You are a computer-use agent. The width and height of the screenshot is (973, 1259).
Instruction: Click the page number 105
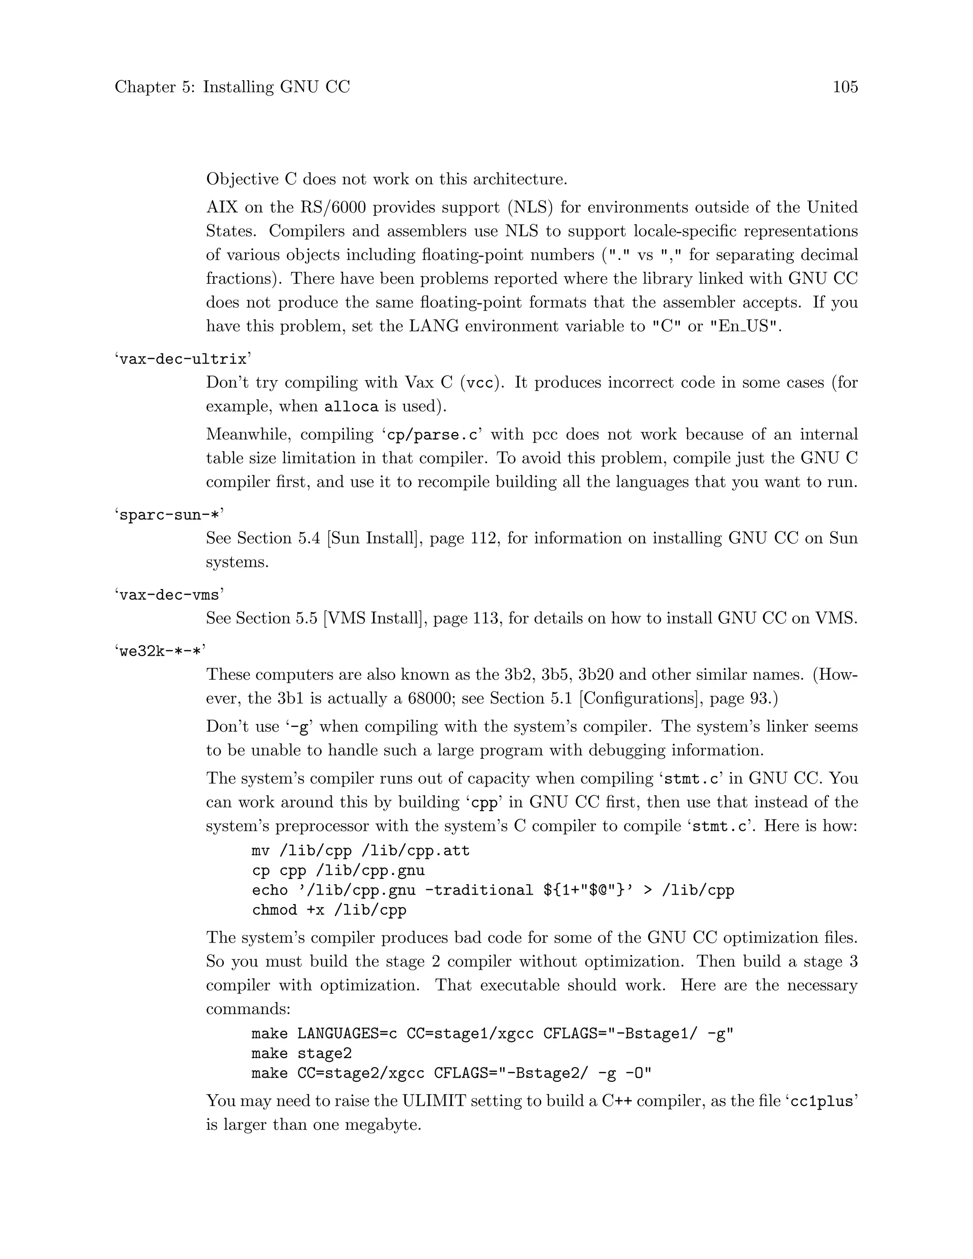(x=845, y=87)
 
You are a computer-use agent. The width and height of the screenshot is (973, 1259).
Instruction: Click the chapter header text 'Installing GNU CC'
(x=276, y=87)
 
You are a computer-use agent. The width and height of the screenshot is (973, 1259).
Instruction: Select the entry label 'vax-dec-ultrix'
(x=183, y=359)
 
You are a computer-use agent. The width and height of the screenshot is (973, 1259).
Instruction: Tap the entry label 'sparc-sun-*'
(x=169, y=515)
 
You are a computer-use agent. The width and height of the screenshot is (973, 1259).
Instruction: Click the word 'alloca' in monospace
(x=351, y=407)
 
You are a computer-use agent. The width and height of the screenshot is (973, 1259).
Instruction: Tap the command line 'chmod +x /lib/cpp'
(x=329, y=910)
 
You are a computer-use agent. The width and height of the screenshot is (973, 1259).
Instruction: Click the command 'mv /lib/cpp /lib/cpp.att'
(x=361, y=850)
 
